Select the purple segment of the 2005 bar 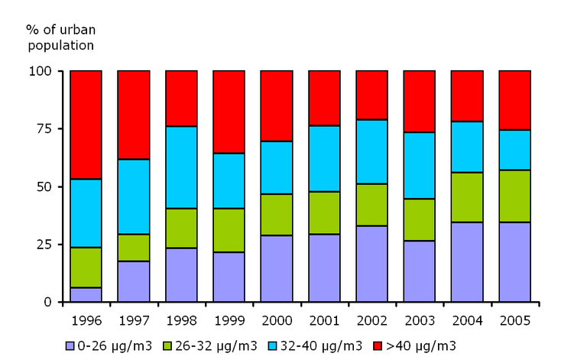pyautogui.click(x=514, y=261)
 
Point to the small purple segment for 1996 pyautogui.click(x=86, y=294)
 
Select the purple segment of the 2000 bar pyautogui.click(x=277, y=268)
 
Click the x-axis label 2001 pyautogui.click(x=324, y=319)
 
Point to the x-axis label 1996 pyautogui.click(x=86, y=319)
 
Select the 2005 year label pyautogui.click(x=514, y=319)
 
